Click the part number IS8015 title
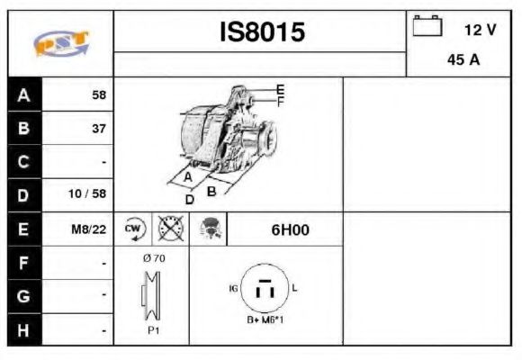pyautogui.click(x=263, y=32)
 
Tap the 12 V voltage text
pyautogui.click(x=480, y=30)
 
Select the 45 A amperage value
pyautogui.click(x=463, y=61)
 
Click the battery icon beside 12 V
pyautogui.click(x=427, y=27)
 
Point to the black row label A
pyautogui.click(x=23, y=94)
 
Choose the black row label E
pyautogui.click(x=23, y=229)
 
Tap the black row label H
pyautogui.click(x=23, y=330)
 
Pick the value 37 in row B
pyautogui.click(x=99, y=129)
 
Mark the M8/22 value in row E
pyautogui.click(x=89, y=229)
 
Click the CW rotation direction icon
pyautogui.click(x=133, y=229)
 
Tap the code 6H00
pyautogui.click(x=290, y=229)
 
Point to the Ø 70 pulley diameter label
pyautogui.click(x=153, y=257)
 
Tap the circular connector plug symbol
pyautogui.click(x=265, y=289)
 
